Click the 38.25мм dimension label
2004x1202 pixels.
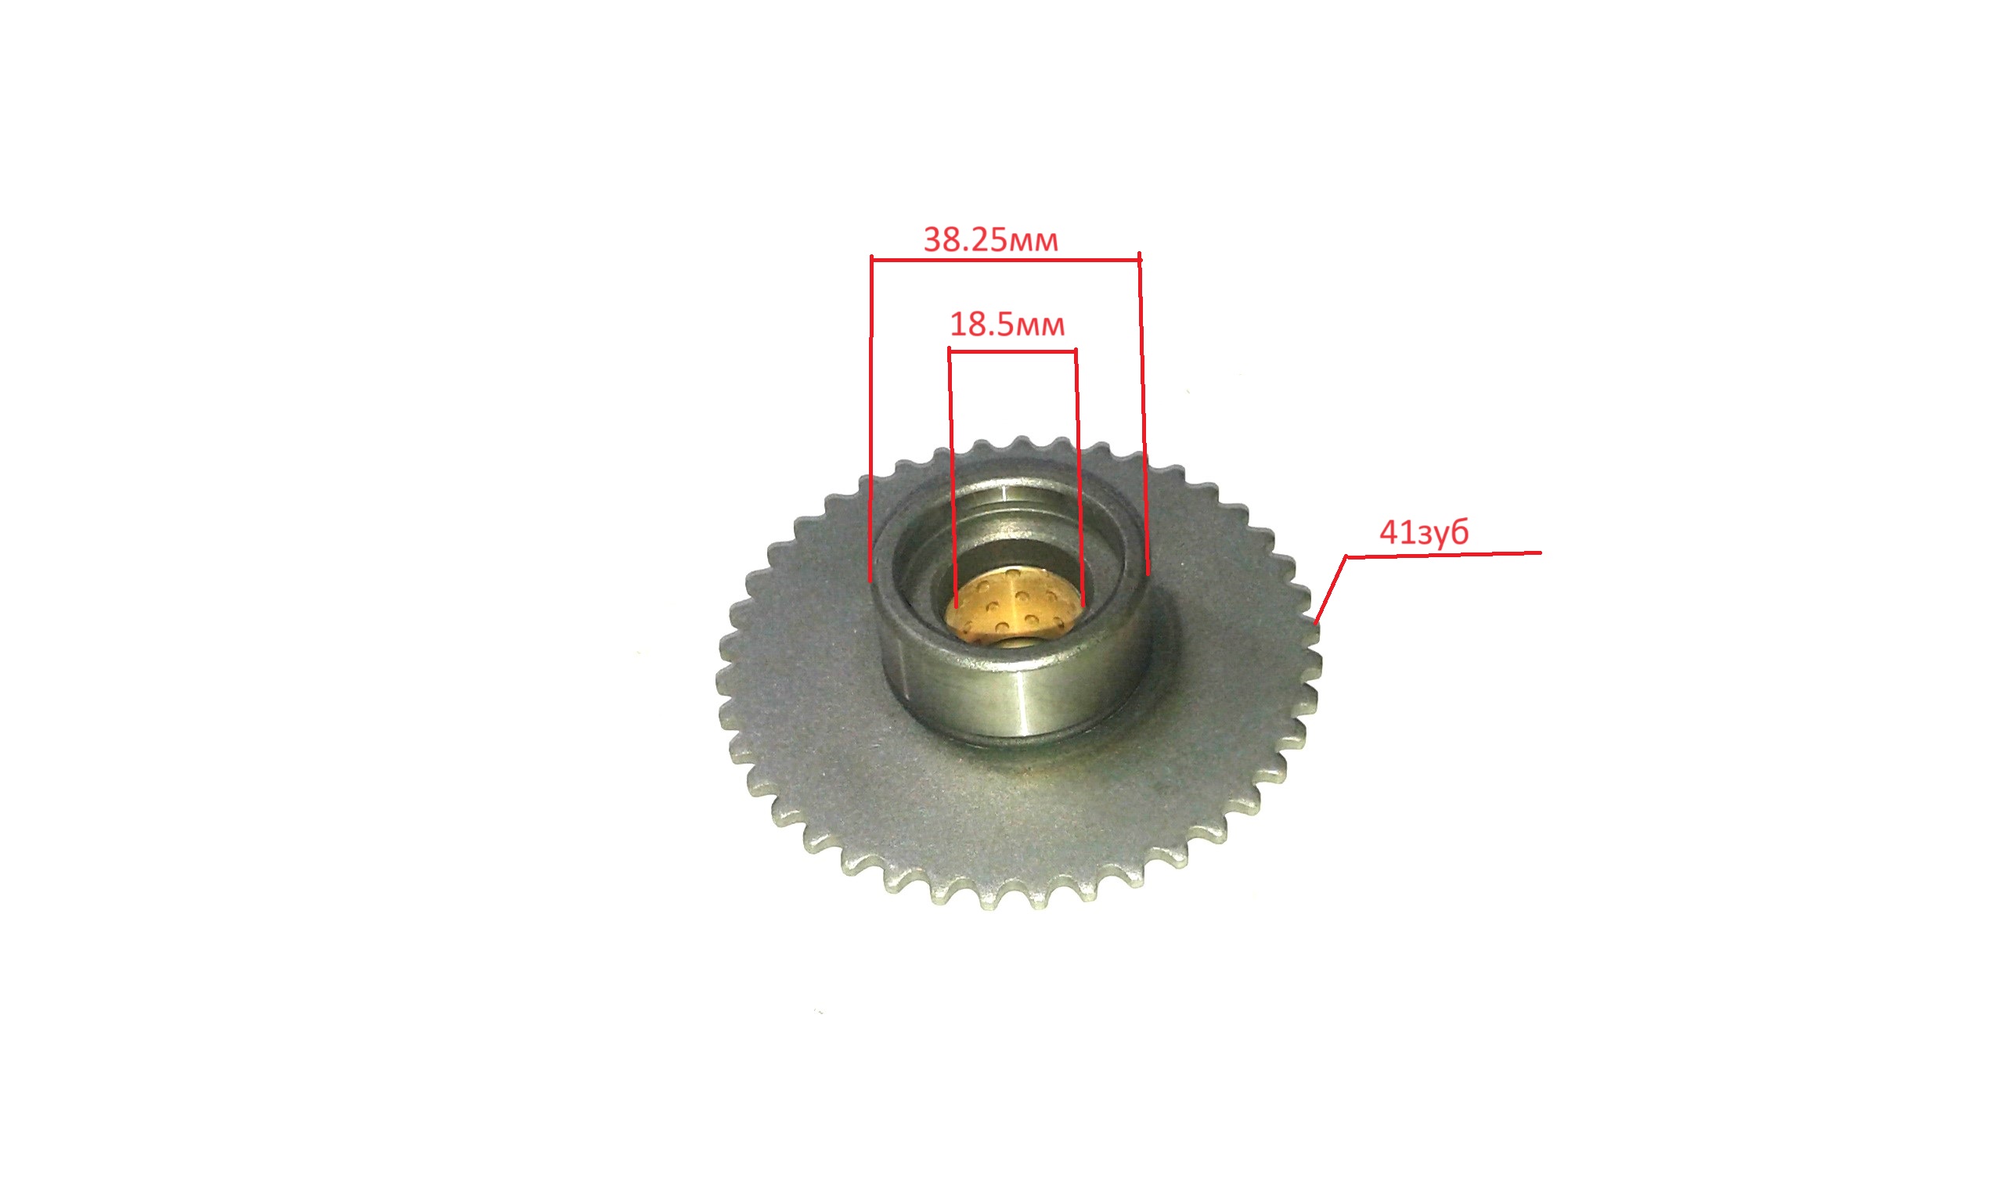click(989, 239)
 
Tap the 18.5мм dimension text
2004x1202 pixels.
click(1007, 325)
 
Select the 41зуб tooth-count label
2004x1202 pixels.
click(1423, 532)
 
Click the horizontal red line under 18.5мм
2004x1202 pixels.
click(1012, 351)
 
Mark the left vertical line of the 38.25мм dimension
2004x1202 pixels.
click(870, 419)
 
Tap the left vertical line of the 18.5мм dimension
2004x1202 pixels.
click(953, 478)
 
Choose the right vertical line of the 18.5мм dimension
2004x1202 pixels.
click(1079, 478)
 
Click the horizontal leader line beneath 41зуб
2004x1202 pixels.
click(1444, 555)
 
